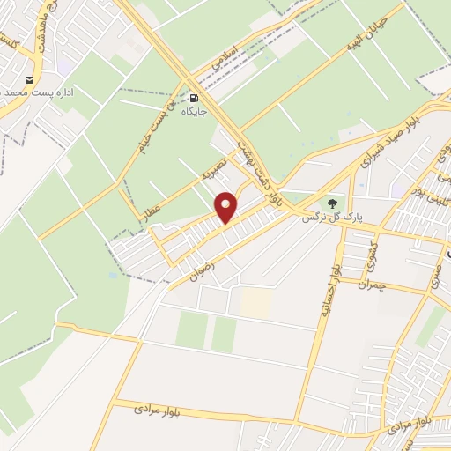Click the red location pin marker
[x=227, y=207]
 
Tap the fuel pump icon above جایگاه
[x=194, y=98]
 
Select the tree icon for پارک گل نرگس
[x=332, y=202]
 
